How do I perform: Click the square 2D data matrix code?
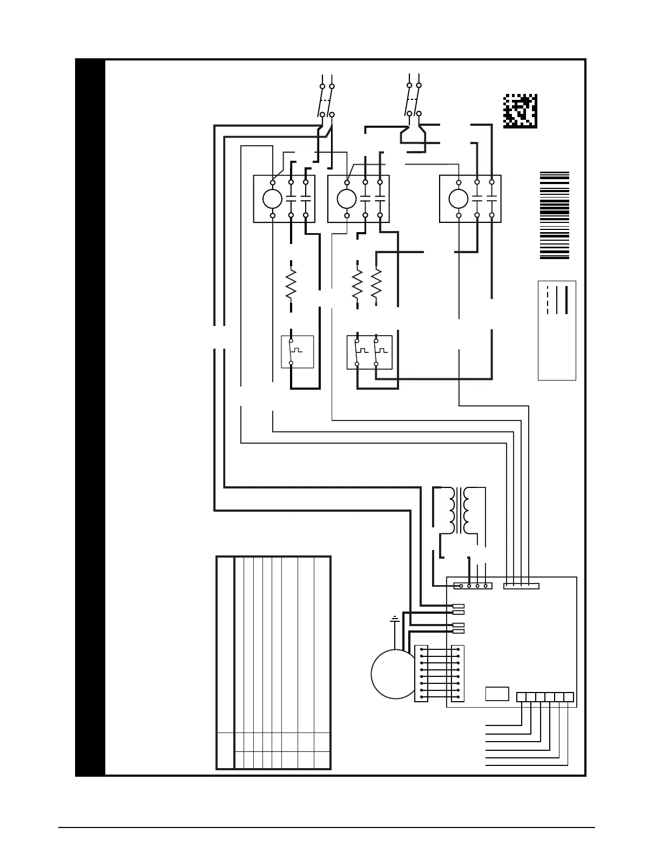(x=520, y=111)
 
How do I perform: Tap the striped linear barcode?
(x=555, y=215)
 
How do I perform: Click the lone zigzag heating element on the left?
(x=291, y=284)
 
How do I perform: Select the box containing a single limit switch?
(x=297, y=352)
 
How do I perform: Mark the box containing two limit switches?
(x=369, y=352)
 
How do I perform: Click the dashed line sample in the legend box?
(x=548, y=300)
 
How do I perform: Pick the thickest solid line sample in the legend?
(x=566, y=300)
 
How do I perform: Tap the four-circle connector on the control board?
(x=473, y=586)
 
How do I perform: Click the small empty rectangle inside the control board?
(x=497, y=694)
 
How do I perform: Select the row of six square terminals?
(x=544, y=697)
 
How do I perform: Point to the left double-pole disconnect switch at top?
(x=326, y=100)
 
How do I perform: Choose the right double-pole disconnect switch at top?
(x=414, y=99)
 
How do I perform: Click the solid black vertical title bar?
(x=90, y=417)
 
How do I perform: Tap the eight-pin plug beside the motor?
(x=421, y=674)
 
